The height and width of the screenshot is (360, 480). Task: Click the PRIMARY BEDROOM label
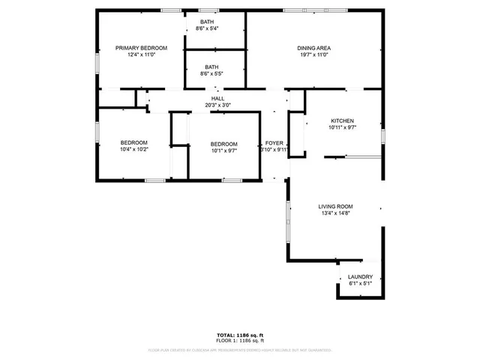pos(141,47)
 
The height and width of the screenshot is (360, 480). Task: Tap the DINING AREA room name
pos(315,47)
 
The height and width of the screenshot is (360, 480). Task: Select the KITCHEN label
pos(342,121)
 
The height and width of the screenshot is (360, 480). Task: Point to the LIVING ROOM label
pos(335,206)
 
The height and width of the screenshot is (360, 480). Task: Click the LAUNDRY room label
pos(360,277)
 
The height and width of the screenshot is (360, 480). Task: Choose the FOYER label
pos(274,142)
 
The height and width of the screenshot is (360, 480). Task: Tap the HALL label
pos(217,98)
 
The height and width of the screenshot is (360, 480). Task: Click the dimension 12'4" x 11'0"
pos(141,54)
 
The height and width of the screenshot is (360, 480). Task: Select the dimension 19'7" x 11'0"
pos(315,54)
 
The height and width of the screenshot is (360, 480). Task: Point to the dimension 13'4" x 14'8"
pos(335,214)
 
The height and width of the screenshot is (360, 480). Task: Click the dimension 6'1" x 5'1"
pos(360,283)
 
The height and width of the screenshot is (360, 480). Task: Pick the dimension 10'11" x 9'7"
pos(342,127)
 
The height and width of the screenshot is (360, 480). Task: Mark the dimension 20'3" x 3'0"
pos(217,105)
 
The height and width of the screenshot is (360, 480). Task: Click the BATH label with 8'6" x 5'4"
pos(206,22)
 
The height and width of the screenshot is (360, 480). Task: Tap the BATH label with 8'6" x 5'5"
pos(212,67)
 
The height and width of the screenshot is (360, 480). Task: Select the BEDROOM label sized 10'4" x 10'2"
pos(134,142)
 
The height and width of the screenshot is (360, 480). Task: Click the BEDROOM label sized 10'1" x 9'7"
pos(223,144)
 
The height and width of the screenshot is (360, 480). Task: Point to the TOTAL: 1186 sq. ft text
pos(240,334)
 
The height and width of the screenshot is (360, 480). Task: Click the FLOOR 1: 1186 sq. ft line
pos(240,340)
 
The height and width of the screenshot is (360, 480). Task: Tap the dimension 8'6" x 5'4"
pos(206,28)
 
